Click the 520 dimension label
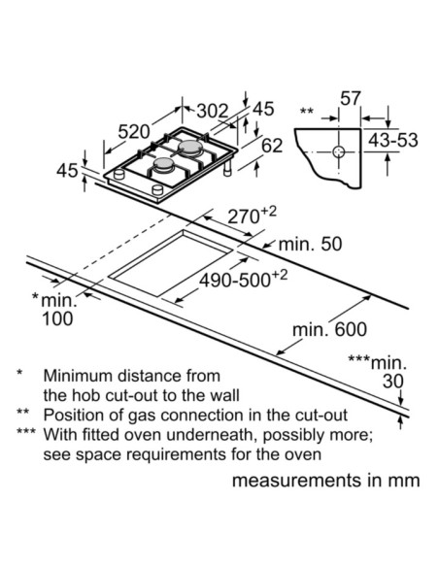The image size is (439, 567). click(134, 132)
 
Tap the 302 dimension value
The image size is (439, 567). click(213, 111)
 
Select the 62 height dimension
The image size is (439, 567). click(272, 146)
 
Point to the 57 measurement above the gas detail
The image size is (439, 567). click(351, 98)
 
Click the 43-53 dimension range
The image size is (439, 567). click(393, 141)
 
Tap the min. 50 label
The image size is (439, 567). click(310, 244)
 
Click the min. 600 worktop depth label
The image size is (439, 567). click(329, 329)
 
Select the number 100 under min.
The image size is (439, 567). click(57, 318)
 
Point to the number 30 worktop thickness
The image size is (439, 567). click(393, 382)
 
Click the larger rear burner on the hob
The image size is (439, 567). click(190, 148)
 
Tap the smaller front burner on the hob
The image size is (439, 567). click(164, 165)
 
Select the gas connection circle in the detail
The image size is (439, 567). click(339, 151)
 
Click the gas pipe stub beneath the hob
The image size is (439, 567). click(227, 168)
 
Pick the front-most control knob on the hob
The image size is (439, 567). click(157, 189)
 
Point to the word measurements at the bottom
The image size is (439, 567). click(296, 481)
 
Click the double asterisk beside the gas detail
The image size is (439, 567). click(307, 111)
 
